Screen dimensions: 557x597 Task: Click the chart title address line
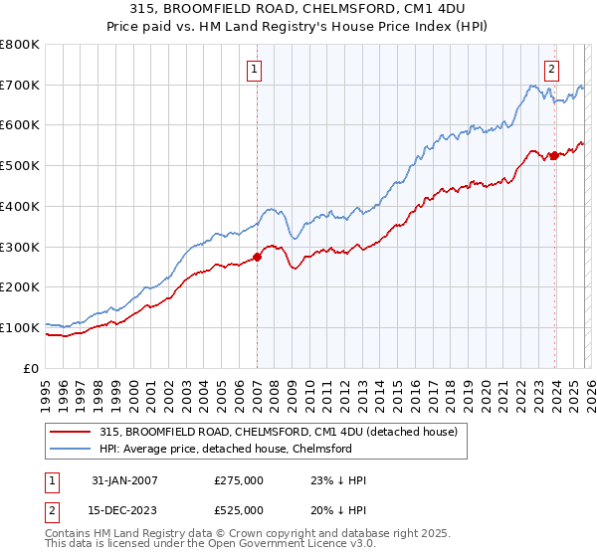[x=298, y=10]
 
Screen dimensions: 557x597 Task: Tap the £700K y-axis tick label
[x=20, y=85]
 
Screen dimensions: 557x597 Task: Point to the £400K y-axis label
[x=20, y=206]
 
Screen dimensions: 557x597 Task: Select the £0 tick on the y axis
[x=32, y=368]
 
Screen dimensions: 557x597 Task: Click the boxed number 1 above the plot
[x=256, y=70]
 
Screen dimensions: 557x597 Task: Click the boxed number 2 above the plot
[x=551, y=70]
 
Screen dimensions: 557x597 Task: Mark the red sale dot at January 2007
[x=257, y=257]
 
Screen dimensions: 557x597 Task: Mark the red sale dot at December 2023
[x=553, y=155]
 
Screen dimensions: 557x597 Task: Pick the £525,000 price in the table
[x=239, y=510]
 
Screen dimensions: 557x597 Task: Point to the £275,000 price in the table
[x=239, y=480]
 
